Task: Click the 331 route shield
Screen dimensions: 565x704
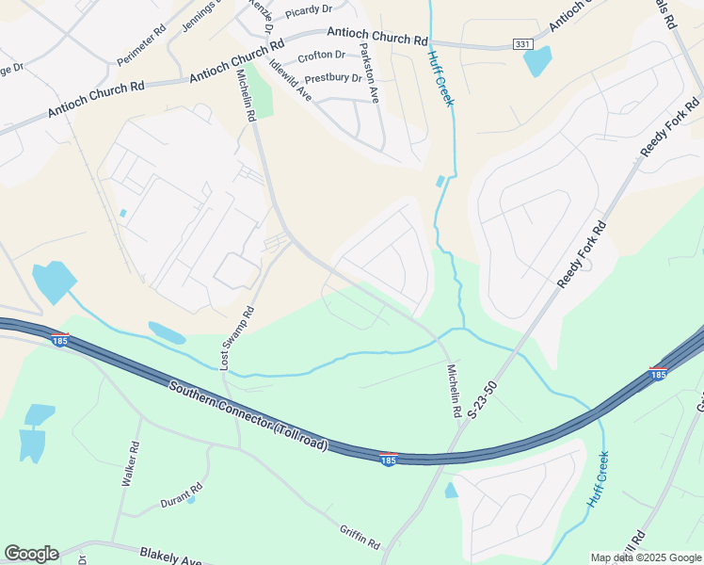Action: tap(522, 44)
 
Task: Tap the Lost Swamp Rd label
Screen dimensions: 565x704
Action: tap(238, 336)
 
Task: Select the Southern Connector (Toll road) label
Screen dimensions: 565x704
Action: tap(249, 416)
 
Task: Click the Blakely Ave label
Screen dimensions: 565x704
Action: tap(170, 557)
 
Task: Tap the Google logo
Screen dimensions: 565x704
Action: tap(31, 554)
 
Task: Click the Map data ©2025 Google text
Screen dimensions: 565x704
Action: tap(646, 557)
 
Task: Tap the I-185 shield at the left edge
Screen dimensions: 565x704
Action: tap(59, 339)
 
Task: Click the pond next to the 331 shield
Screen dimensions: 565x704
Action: tap(537, 62)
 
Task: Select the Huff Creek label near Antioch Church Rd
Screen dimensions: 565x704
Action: tap(440, 78)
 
